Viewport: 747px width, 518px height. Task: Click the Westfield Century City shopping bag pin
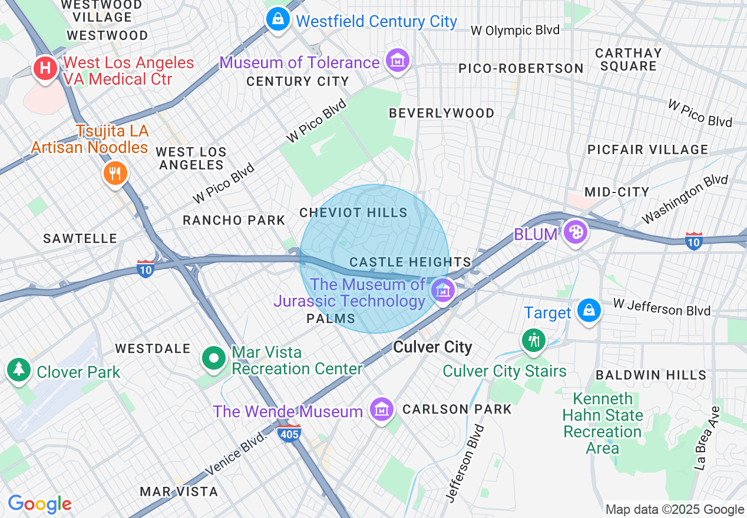tap(278, 19)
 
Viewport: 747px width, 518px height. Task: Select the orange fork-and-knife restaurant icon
tap(115, 173)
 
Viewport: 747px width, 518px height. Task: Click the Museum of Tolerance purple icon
tap(398, 60)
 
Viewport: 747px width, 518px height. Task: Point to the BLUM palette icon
tap(575, 232)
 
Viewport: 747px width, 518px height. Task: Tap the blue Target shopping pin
tap(588, 310)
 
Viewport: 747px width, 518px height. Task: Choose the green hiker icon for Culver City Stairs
tap(534, 340)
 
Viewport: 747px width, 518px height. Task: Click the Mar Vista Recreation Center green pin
tap(214, 358)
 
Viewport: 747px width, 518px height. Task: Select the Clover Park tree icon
tap(19, 369)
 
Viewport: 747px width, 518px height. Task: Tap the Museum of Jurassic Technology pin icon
tap(442, 290)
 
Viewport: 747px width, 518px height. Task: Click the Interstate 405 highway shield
tap(290, 433)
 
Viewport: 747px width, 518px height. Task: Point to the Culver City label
tap(432, 347)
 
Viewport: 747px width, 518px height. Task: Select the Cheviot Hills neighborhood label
tap(353, 212)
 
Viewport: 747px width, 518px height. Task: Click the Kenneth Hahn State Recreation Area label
tap(602, 423)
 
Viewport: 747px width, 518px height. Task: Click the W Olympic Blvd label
tap(515, 31)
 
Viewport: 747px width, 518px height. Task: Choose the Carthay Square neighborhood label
tap(629, 59)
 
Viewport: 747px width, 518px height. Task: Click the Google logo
tap(39, 504)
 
